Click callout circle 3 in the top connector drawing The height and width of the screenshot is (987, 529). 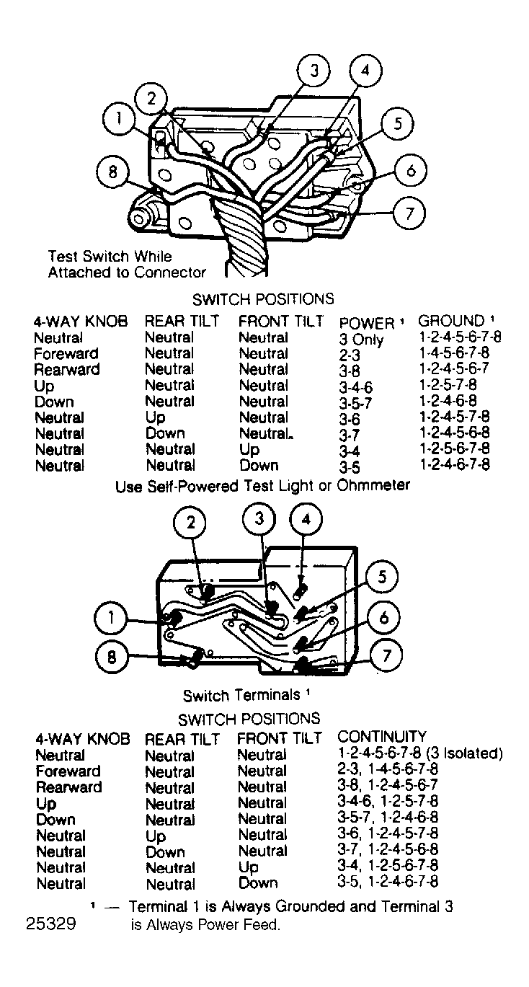pyautogui.click(x=314, y=71)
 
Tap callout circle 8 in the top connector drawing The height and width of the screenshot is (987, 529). pyautogui.click(x=112, y=173)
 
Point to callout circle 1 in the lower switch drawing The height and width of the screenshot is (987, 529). pyautogui.click(x=111, y=618)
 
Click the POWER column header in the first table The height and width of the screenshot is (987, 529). pyautogui.click(x=366, y=322)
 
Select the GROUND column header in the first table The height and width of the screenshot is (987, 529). pyautogui.click(x=452, y=321)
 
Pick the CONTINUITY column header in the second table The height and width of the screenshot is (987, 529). pyautogui.click(x=382, y=736)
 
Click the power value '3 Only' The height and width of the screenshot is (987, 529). pyautogui.click(x=361, y=340)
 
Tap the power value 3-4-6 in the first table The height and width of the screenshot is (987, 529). pyautogui.click(x=356, y=387)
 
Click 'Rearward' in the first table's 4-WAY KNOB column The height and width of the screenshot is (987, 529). pyautogui.click(x=66, y=370)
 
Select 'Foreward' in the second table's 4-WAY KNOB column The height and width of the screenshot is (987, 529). pyautogui.click(x=68, y=771)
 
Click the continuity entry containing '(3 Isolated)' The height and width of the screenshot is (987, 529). pyautogui.click(x=419, y=753)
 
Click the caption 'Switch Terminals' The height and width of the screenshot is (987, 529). pyautogui.click(x=241, y=695)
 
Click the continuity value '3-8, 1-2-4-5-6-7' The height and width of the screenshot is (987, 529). pyautogui.click(x=388, y=787)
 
